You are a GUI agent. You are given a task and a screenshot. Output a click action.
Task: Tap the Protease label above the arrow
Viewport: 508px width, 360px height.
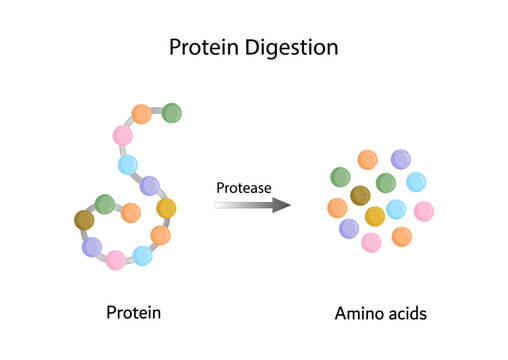[x=243, y=187]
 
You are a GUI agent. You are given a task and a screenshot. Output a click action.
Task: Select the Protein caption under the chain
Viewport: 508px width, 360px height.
[x=133, y=313]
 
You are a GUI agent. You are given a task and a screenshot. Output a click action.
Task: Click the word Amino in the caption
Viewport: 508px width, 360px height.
[x=361, y=313]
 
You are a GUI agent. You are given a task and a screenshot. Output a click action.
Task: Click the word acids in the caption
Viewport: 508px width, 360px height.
[x=408, y=313]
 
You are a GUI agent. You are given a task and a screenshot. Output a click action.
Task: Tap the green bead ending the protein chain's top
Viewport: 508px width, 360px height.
[x=171, y=112]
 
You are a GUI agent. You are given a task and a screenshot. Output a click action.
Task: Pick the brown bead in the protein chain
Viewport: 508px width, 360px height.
[x=84, y=220]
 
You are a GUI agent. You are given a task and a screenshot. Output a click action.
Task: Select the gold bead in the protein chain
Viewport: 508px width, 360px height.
[x=166, y=209]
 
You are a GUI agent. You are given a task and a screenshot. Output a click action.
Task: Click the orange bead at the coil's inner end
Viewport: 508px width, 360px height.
[x=130, y=212]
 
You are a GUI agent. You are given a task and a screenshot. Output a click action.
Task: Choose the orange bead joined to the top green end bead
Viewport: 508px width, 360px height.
[x=141, y=114]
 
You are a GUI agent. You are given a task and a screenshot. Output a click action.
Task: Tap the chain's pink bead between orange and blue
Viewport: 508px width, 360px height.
[x=123, y=135]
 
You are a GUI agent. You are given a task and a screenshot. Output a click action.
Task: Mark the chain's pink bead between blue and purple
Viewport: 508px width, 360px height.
[x=116, y=260]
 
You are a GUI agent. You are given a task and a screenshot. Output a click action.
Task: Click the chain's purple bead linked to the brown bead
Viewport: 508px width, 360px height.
[x=92, y=246]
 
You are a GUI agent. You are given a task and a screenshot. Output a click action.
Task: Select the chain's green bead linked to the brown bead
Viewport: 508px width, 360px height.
[x=104, y=203]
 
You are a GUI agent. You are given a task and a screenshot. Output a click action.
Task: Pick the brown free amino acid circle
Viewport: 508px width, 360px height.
[x=360, y=195]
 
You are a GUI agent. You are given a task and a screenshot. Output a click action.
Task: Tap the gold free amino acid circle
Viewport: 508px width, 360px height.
[x=375, y=216]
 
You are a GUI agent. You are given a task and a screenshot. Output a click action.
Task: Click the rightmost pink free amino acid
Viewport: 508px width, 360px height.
[x=423, y=211]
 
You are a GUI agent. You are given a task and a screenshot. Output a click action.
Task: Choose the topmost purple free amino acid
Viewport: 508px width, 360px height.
[x=400, y=158]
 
